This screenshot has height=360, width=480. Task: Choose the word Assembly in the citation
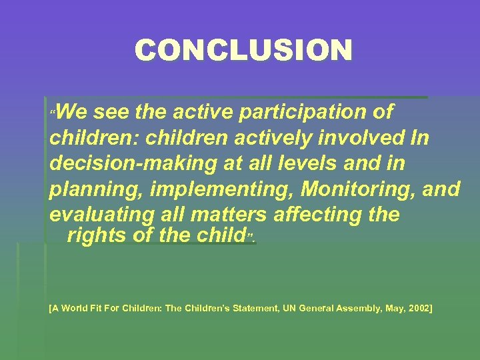[x=365, y=309]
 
